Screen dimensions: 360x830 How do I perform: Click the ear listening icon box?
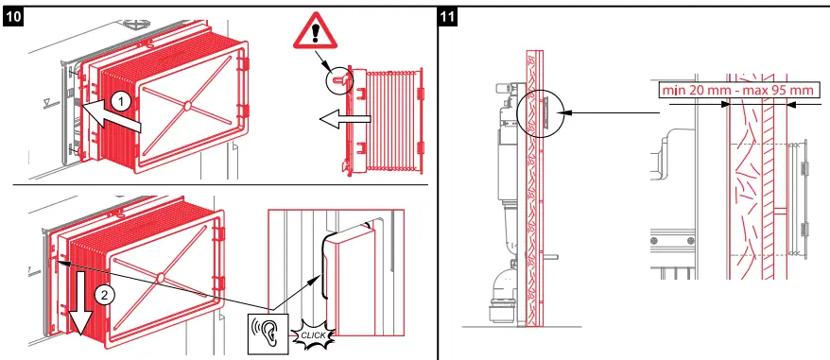click(269, 332)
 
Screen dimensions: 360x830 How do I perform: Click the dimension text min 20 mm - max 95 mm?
click(737, 90)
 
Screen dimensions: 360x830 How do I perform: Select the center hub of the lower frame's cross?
click(162, 277)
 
